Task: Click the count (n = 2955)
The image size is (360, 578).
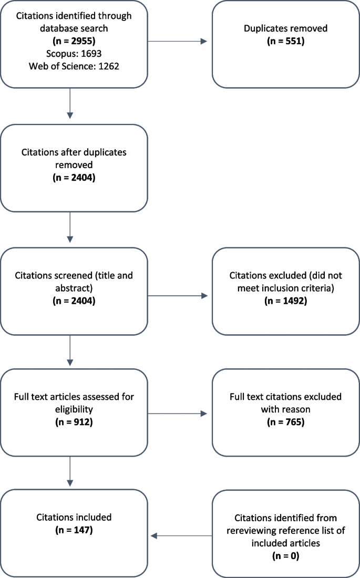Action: tap(74, 40)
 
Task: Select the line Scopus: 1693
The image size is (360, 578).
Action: tap(74, 53)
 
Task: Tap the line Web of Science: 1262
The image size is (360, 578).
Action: tap(74, 66)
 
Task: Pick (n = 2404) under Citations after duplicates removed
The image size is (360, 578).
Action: tap(74, 177)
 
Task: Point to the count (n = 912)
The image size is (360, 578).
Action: tap(74, 421)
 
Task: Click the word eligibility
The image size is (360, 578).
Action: tap(74, 408)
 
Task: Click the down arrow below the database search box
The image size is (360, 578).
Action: tap(69, 105)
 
